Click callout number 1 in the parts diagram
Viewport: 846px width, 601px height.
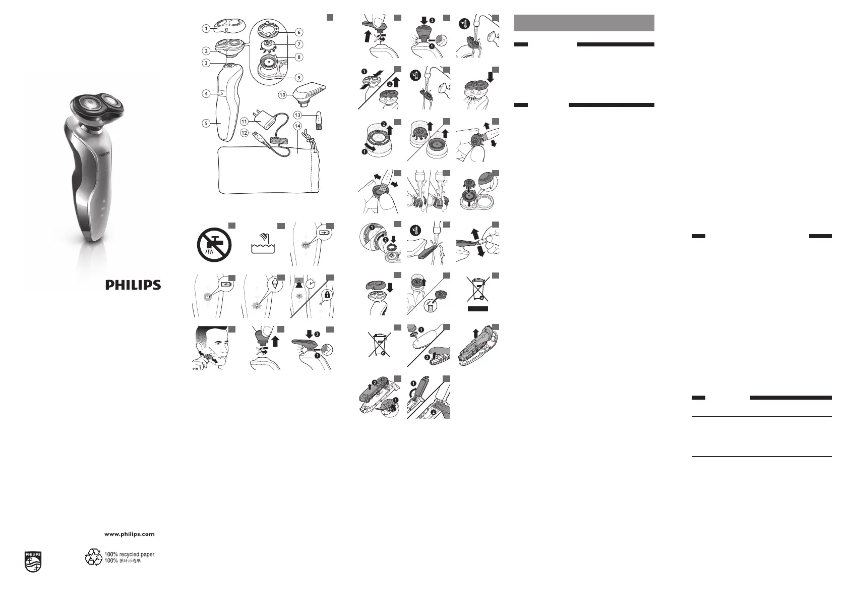click(206, 28)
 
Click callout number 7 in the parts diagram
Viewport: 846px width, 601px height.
click(299, 44)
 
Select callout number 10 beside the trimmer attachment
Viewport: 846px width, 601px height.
click(282, 95)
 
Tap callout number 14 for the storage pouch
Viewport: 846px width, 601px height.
click(297, 126)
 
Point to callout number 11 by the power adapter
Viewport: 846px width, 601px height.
click(245, 121)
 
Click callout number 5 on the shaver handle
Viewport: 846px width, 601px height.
click(206, 123)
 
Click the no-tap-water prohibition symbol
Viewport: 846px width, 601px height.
click(214, 245)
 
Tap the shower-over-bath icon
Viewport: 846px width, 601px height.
click(263, 243)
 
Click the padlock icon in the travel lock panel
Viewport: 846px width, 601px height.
click(327, 295)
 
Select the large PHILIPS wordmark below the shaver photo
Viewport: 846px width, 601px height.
click(133, 285)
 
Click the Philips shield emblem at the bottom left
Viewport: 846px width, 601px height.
click(33, 562)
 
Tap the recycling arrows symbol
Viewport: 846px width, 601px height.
click(93, 557)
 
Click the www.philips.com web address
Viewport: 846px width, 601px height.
click(130, 534)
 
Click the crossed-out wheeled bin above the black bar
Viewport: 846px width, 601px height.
click(478, 289)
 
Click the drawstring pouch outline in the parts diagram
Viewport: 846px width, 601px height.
click(269, 170)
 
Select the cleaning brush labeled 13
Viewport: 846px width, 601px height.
click(318, 120)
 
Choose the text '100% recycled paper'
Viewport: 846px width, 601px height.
click(130, 554)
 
